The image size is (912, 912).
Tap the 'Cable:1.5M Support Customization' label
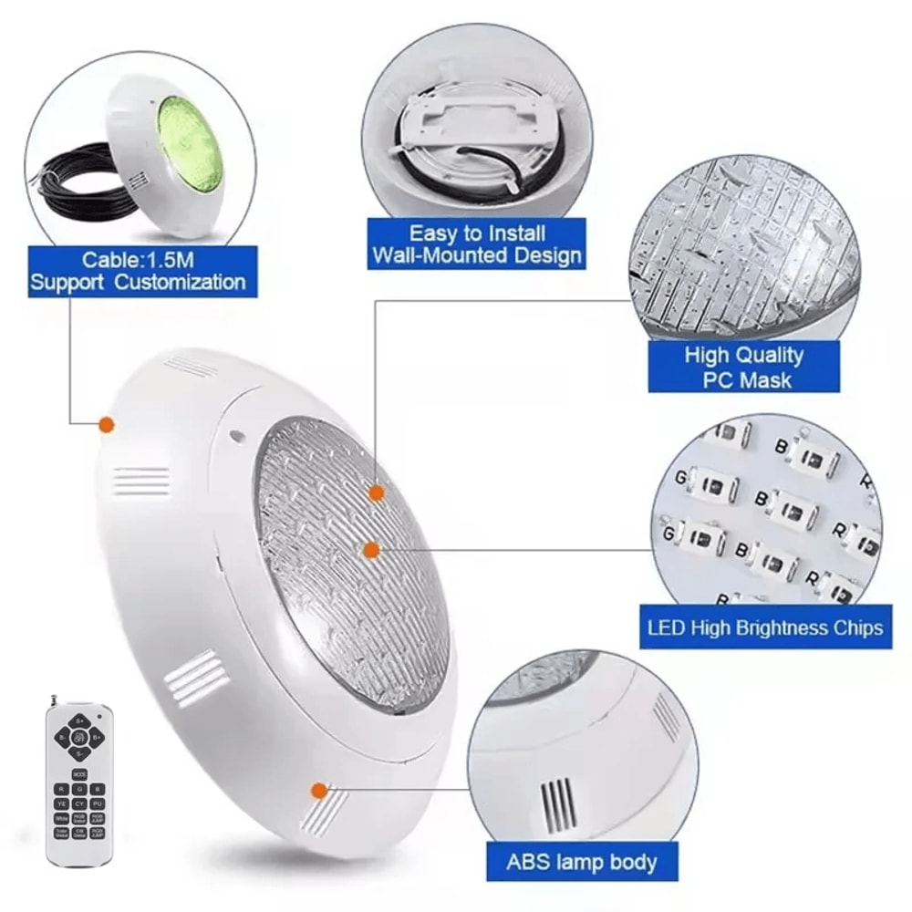[138, 270]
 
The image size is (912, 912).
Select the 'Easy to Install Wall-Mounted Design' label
[476, 244]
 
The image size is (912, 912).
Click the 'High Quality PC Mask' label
[743, 367]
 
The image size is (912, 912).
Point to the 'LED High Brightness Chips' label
[765, 628]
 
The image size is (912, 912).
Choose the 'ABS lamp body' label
[583, 861]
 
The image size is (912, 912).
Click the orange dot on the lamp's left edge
[106, 424]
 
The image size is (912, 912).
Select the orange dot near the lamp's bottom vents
[318, 791]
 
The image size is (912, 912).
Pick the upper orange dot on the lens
[375, 492]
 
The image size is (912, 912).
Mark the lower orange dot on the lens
[370, 549]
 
